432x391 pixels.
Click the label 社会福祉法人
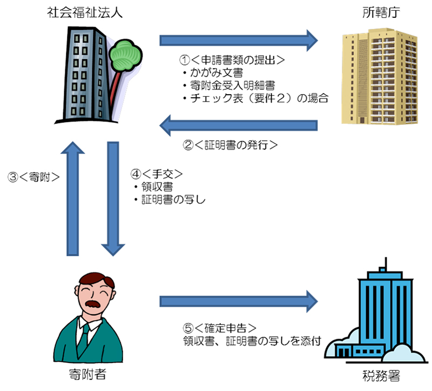tap(84, 12)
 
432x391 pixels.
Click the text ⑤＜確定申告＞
tap(219, 328)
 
